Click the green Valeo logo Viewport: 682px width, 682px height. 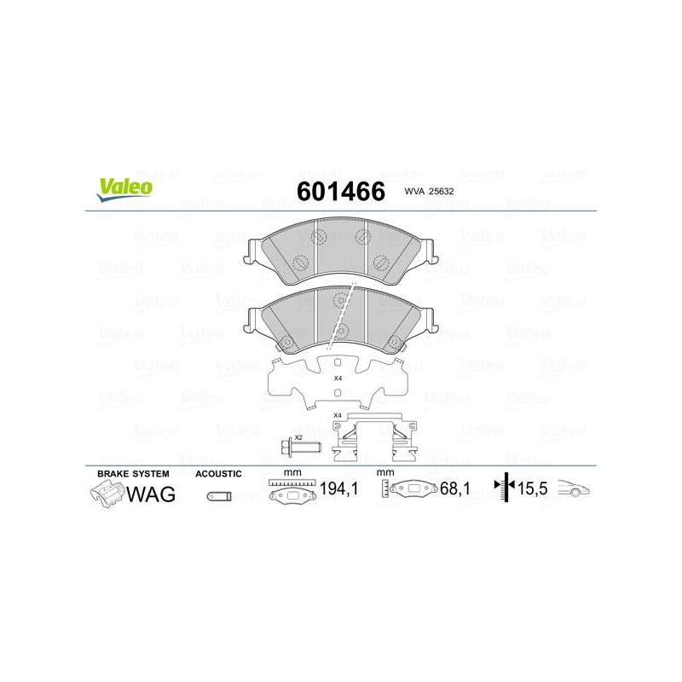(x=124, y=189)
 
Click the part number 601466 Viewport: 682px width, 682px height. (x=341, y=191)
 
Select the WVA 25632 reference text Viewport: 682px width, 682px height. (x=429, y=191)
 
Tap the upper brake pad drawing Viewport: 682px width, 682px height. (x=340, y=251)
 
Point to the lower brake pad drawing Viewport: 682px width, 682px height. (x=340, y=319)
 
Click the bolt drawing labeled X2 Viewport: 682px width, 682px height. (x=301, y=447)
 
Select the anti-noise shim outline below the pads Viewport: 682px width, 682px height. (x=338, y=382)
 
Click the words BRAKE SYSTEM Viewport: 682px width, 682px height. (x=133, y=474)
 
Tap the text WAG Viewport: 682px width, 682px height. (x=151, y=494)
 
